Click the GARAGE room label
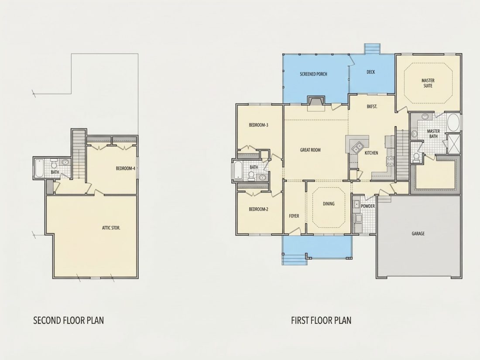(418, 233)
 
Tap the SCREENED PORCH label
(313, 74)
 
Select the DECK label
(371, 72)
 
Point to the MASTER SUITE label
(428, 83)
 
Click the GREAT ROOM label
(310, 150)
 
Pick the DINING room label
(329, 204)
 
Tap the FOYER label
(294, 216)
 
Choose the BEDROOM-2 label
(258, 209)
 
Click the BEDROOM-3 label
(258, 125)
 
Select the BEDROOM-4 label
(126, 168)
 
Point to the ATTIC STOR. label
(111, 228)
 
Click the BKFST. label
(372, 107)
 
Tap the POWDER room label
(368, 206)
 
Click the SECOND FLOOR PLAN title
(68, 320)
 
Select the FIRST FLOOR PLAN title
(321, 320)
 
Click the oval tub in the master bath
(453, 123)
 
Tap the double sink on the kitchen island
(357, 147)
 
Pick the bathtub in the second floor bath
(39, 168)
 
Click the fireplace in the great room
(316, 103)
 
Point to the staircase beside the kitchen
(403, 154)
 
